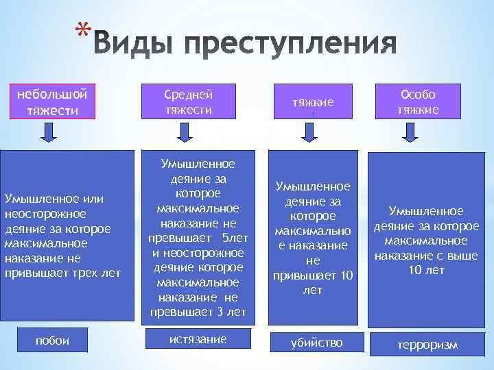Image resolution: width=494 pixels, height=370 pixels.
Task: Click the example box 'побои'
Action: click(52, 341)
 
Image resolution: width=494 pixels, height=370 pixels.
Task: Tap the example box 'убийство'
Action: click(316, 342)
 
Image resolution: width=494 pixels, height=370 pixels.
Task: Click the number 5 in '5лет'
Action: click(226, 238)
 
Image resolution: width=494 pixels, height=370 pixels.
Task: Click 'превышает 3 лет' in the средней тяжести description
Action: click(198, 312)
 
